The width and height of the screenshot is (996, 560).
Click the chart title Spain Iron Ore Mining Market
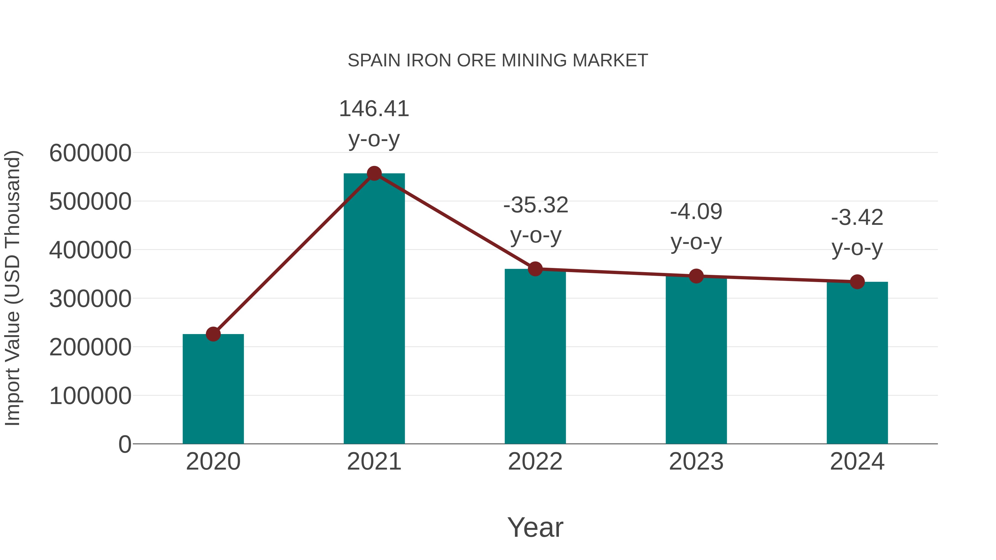click(498, 61)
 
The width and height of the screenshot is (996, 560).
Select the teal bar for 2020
click(213, 390)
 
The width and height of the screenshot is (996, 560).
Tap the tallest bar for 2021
click(374, 309)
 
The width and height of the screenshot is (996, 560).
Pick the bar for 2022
click(535, 358)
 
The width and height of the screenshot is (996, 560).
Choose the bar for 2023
click(696, 361)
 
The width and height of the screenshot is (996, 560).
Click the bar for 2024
click(857, 363)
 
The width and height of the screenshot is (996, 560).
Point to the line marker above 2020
click(213, 334)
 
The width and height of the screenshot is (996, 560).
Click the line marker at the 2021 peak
click(374, 173)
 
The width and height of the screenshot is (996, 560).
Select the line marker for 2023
click(696, 276)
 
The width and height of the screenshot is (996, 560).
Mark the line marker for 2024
click(857, 282)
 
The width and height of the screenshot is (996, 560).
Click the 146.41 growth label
click(374, 109)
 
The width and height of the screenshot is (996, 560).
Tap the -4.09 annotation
click(696, 212)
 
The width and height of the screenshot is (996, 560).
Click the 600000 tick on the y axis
click(90, 153)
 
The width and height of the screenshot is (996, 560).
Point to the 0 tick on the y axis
click(124, 444)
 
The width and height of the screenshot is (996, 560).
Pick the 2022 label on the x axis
click(535, 462)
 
